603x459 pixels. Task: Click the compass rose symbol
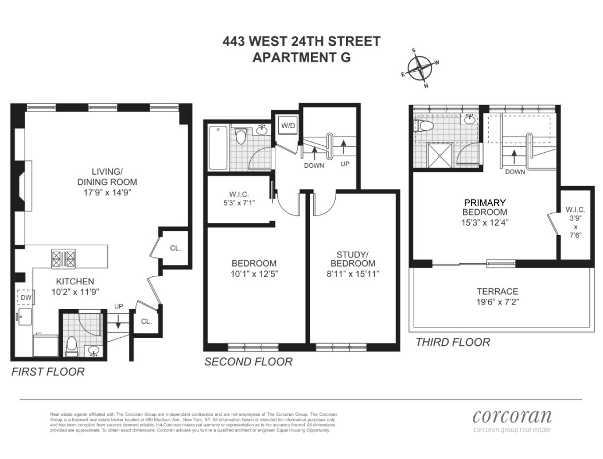point(422,68)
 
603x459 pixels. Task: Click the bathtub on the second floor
point(218,148)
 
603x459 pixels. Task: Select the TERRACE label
point(497,291)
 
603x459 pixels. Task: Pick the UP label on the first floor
point(119,306)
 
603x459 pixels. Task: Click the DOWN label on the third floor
point(514,171)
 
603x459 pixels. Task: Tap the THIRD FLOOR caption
point(453,342)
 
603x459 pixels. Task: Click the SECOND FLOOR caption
point(248,362)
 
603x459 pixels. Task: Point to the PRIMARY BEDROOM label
point(485,207)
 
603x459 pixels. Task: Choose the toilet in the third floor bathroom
point(425,126)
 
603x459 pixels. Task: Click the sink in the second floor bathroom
point(262,129)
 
